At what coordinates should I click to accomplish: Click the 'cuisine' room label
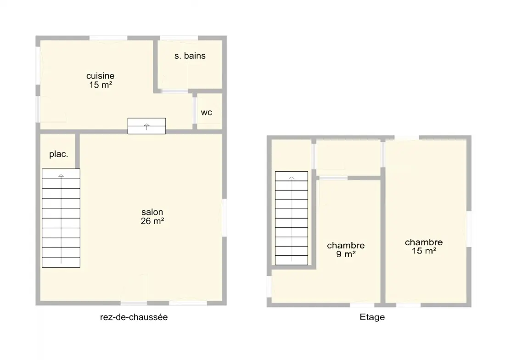tap(100, 76)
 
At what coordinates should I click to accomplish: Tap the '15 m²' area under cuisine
tap(101, 85)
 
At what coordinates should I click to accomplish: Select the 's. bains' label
tap(190, 56)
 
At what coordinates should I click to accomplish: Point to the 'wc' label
tap(207, 112)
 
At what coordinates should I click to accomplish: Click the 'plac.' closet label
tap(59, 154)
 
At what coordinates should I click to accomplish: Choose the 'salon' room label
tap(152, 212)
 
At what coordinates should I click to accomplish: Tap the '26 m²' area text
tap(152, 221)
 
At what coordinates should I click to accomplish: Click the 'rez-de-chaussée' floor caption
tap(134, 317)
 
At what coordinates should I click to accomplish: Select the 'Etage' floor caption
tap(372, 317)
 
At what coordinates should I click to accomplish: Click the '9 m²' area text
tap(346, 254)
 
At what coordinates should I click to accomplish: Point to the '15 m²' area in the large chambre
tap(424, 251)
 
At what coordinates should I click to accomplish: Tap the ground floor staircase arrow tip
tap(61, 175)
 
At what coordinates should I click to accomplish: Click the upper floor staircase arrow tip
tap(292, 177)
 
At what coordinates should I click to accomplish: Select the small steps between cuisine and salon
tap(146, 126)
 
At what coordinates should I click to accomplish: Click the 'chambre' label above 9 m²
tap(346, 245)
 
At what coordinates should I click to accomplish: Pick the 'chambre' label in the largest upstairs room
tap(424, 242)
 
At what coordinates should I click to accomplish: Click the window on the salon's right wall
tap(224, 218)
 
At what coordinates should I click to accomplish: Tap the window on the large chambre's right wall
tap(469, 229)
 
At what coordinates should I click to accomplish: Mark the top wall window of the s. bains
tap(179, 38)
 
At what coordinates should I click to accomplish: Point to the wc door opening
tap(195, 110)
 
